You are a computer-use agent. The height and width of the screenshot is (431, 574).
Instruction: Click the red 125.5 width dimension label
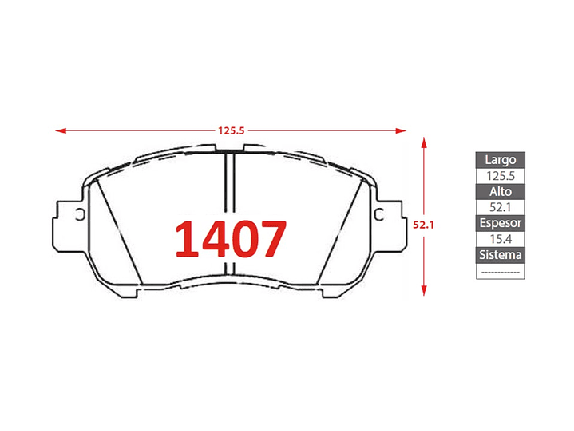(231, 130)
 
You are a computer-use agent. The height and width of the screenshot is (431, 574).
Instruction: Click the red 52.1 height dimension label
(424, 225)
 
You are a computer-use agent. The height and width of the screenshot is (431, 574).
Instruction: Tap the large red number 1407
(231, 239)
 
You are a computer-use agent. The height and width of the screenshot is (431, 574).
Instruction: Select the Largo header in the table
(500, 160)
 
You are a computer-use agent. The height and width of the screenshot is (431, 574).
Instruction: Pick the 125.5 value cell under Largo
(500, 176)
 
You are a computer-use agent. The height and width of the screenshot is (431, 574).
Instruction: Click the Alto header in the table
(500, 191)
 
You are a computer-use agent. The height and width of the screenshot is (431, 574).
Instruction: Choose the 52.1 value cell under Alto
(500, 208)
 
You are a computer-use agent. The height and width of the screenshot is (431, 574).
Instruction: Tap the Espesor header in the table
(500, 223)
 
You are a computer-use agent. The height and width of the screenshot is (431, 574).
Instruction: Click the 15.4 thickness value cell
(500, 239)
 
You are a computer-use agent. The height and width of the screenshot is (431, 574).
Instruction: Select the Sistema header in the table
(500, 255)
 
